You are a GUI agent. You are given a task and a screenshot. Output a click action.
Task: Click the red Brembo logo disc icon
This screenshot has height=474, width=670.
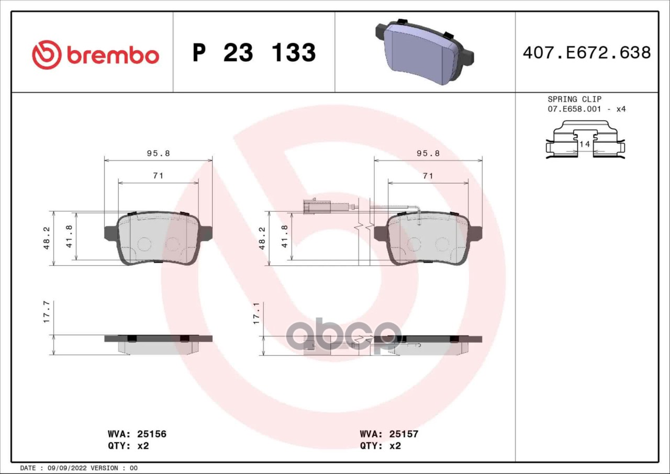point(47,55)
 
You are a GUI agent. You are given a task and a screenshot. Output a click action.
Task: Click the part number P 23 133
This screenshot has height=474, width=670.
point(254,53)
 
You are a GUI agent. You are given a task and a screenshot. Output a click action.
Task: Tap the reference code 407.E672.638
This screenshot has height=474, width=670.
point(587,53)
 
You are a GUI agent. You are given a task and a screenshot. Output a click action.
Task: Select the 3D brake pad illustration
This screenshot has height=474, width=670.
point(425,51)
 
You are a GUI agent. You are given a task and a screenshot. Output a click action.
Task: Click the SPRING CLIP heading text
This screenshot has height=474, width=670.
point(575,99)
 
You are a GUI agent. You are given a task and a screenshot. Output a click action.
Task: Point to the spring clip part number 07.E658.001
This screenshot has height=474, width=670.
point(574,109)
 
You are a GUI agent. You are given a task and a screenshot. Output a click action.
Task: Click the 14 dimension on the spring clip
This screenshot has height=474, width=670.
point(585,144)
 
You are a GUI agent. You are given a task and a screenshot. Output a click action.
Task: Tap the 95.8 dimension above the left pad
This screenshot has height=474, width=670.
point(158,153)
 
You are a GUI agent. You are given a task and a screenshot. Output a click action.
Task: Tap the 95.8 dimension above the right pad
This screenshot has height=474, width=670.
point(428,153)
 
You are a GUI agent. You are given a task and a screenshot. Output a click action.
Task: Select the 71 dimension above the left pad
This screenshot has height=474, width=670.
point(158,176)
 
